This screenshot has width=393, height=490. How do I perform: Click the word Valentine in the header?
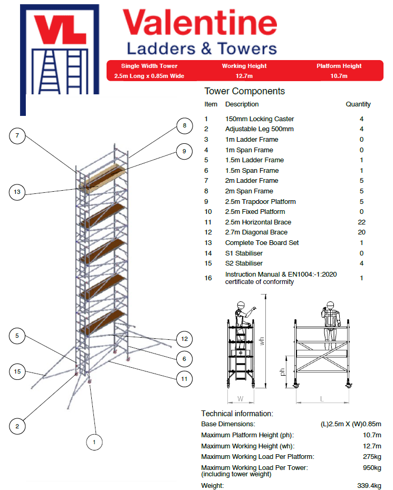[199, 24]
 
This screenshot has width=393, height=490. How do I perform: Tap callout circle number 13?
[17, 192]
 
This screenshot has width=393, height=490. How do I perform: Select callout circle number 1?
[94, 442]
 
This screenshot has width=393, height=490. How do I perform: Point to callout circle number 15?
[17, 371]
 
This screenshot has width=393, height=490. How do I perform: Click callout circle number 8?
[184, 126]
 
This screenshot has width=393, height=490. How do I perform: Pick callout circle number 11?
[184, 378]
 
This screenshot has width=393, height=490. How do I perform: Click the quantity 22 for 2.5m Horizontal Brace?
[361, 222]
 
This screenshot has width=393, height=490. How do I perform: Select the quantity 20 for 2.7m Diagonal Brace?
[361, 232]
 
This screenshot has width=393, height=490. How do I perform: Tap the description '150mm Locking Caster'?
[260, 119]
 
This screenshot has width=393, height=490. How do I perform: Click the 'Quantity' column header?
[358, 104]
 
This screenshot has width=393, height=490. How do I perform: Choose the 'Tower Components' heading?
[244, 91]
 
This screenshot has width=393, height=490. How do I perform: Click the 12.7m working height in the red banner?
[244, 76]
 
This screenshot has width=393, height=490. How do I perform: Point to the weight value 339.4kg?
[369, 486]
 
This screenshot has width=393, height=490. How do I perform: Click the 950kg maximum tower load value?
[371, 467]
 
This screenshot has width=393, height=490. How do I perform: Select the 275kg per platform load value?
[371, 456]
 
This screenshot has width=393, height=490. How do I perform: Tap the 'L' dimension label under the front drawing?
[321, 399]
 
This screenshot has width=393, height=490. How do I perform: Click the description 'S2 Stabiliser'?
[244, 263]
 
